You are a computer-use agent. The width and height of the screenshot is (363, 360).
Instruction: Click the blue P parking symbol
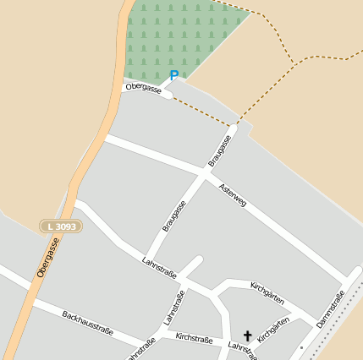click(174, 76)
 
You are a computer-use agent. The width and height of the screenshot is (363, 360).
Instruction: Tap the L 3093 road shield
click(61, 226)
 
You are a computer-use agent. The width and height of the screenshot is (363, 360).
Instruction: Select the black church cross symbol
click(248, 335)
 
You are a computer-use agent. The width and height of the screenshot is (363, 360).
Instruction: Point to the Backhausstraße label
click(87, 324)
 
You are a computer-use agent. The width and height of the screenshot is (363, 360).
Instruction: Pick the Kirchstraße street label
click(194, 338)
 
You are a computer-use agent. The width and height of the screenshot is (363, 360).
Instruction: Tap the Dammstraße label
click(331, 308)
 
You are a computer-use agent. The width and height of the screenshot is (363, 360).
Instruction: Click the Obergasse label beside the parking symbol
click(142, 87)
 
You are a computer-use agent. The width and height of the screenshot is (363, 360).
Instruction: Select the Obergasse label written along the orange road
click(48, 259)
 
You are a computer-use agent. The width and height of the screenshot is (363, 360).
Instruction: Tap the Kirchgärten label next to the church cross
click(273, 329)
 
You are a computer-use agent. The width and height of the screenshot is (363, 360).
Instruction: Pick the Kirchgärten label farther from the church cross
click(267, 293)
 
